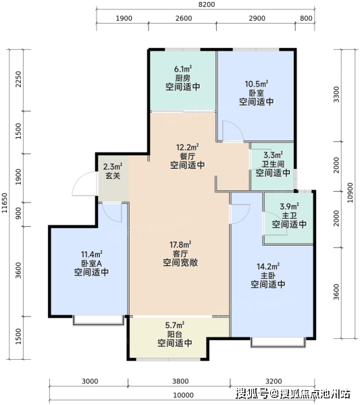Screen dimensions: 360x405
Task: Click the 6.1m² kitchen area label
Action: (183, 69)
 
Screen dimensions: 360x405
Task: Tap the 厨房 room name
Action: (183, 78)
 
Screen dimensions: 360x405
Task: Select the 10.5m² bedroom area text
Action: (257, 84)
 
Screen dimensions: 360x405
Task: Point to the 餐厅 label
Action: (187, 157)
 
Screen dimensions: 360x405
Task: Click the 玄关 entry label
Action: (113, 175)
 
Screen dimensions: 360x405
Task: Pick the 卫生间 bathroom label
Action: (273, 164)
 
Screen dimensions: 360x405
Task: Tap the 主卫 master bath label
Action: (289, 215)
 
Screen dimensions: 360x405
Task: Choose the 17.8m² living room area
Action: (180, 244)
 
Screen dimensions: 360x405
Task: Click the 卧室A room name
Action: (91, 263)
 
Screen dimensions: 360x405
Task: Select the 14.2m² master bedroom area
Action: (268, 267)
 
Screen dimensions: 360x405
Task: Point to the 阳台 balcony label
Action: (175, 334)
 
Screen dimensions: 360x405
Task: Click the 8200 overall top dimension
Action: (207, 5)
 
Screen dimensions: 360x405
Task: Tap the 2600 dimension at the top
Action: (184, 18)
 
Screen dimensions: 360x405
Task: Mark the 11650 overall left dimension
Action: (5, 203)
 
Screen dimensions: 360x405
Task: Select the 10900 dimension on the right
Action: (350, 192)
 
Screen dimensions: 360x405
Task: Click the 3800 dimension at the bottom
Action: (180, 381)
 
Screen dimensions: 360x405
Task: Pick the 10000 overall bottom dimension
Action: (183, 395)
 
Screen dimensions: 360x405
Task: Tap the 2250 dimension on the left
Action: (18, 79)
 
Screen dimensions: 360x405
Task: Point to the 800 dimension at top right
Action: (306, 18)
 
